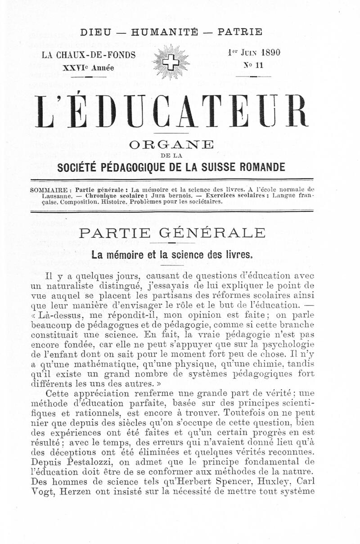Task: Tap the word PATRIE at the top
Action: coord(240,32)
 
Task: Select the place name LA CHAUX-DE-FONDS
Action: coord(89,55)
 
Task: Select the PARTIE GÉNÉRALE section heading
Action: coord(172,233)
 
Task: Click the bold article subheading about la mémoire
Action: coord(172,255)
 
